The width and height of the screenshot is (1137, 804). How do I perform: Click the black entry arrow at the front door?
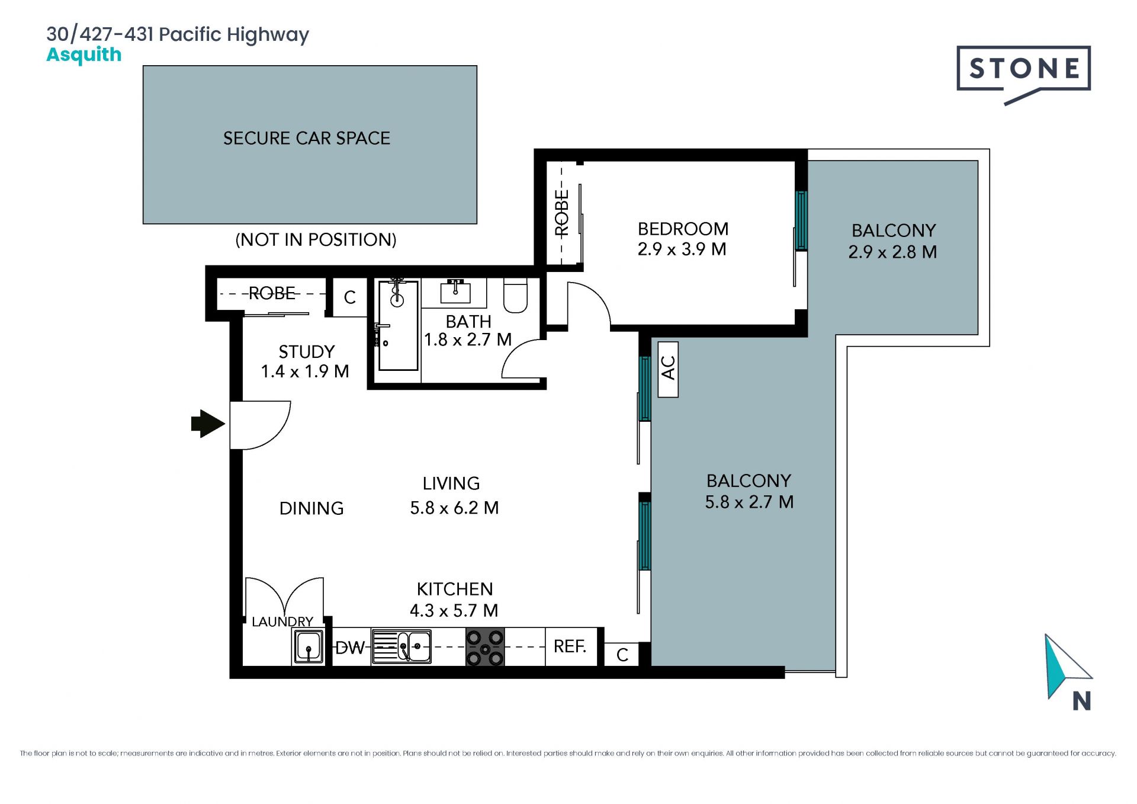click(x=208, y=424)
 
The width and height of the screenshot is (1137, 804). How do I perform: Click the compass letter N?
click(x=1081, y=702)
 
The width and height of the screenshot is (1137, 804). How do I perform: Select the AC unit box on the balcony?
click(x=668, y=369)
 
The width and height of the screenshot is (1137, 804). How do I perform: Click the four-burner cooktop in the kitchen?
click(x=485, y=648)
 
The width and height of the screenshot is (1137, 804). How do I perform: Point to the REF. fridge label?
click(x=570, y=646)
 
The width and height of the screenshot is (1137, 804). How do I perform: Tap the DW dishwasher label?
click(x=350, y=648)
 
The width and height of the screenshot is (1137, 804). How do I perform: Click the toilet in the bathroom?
click(x=515, y=295)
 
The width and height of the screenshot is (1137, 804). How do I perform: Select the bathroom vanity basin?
click(x=455, y=292)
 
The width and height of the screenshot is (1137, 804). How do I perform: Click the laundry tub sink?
click(x=309, y=646)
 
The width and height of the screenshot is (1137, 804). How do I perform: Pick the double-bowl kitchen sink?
click(x=401, y=646)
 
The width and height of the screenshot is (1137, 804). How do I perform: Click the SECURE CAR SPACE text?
click(x=307, y=139)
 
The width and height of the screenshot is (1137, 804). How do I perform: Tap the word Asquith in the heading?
click(x=84, y=55)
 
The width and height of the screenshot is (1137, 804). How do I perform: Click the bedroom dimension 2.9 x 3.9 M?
click(x=682, y=249)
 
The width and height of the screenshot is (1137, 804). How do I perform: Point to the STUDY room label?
click(x=307, y=352)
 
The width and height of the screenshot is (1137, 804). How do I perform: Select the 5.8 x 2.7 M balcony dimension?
click(x=749, y=502)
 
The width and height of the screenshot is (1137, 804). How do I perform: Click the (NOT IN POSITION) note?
click(x=316, y=240)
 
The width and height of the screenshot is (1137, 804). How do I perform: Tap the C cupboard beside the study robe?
click(x=350, y=297)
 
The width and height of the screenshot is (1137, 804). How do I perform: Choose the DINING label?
click(x=311, y=508)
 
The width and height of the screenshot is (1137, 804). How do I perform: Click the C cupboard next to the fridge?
click(x=622, y=655)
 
